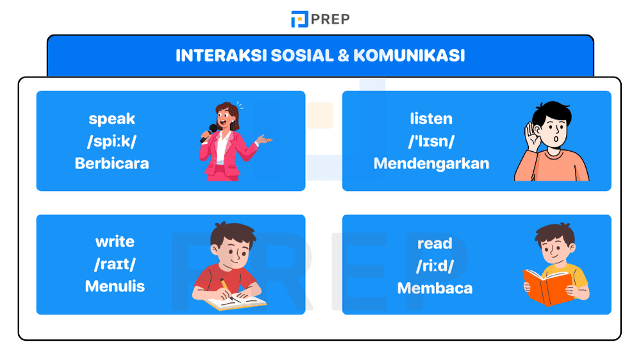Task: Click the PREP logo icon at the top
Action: coord(299,19)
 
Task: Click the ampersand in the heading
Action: coord(343,56)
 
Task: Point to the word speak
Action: coord(112,119)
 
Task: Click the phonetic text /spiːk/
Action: coord(112,141)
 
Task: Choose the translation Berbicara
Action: coord(112,163)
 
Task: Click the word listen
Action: coord(431,119)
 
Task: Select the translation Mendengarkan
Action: coord(431,163)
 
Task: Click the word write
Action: coord(115,241)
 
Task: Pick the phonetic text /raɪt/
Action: coord(115,264)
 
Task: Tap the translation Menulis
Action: coord(115,286)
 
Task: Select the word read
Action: coord(435,243)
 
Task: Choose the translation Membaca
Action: coord(435,288)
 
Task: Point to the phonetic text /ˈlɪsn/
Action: coord(431,141)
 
